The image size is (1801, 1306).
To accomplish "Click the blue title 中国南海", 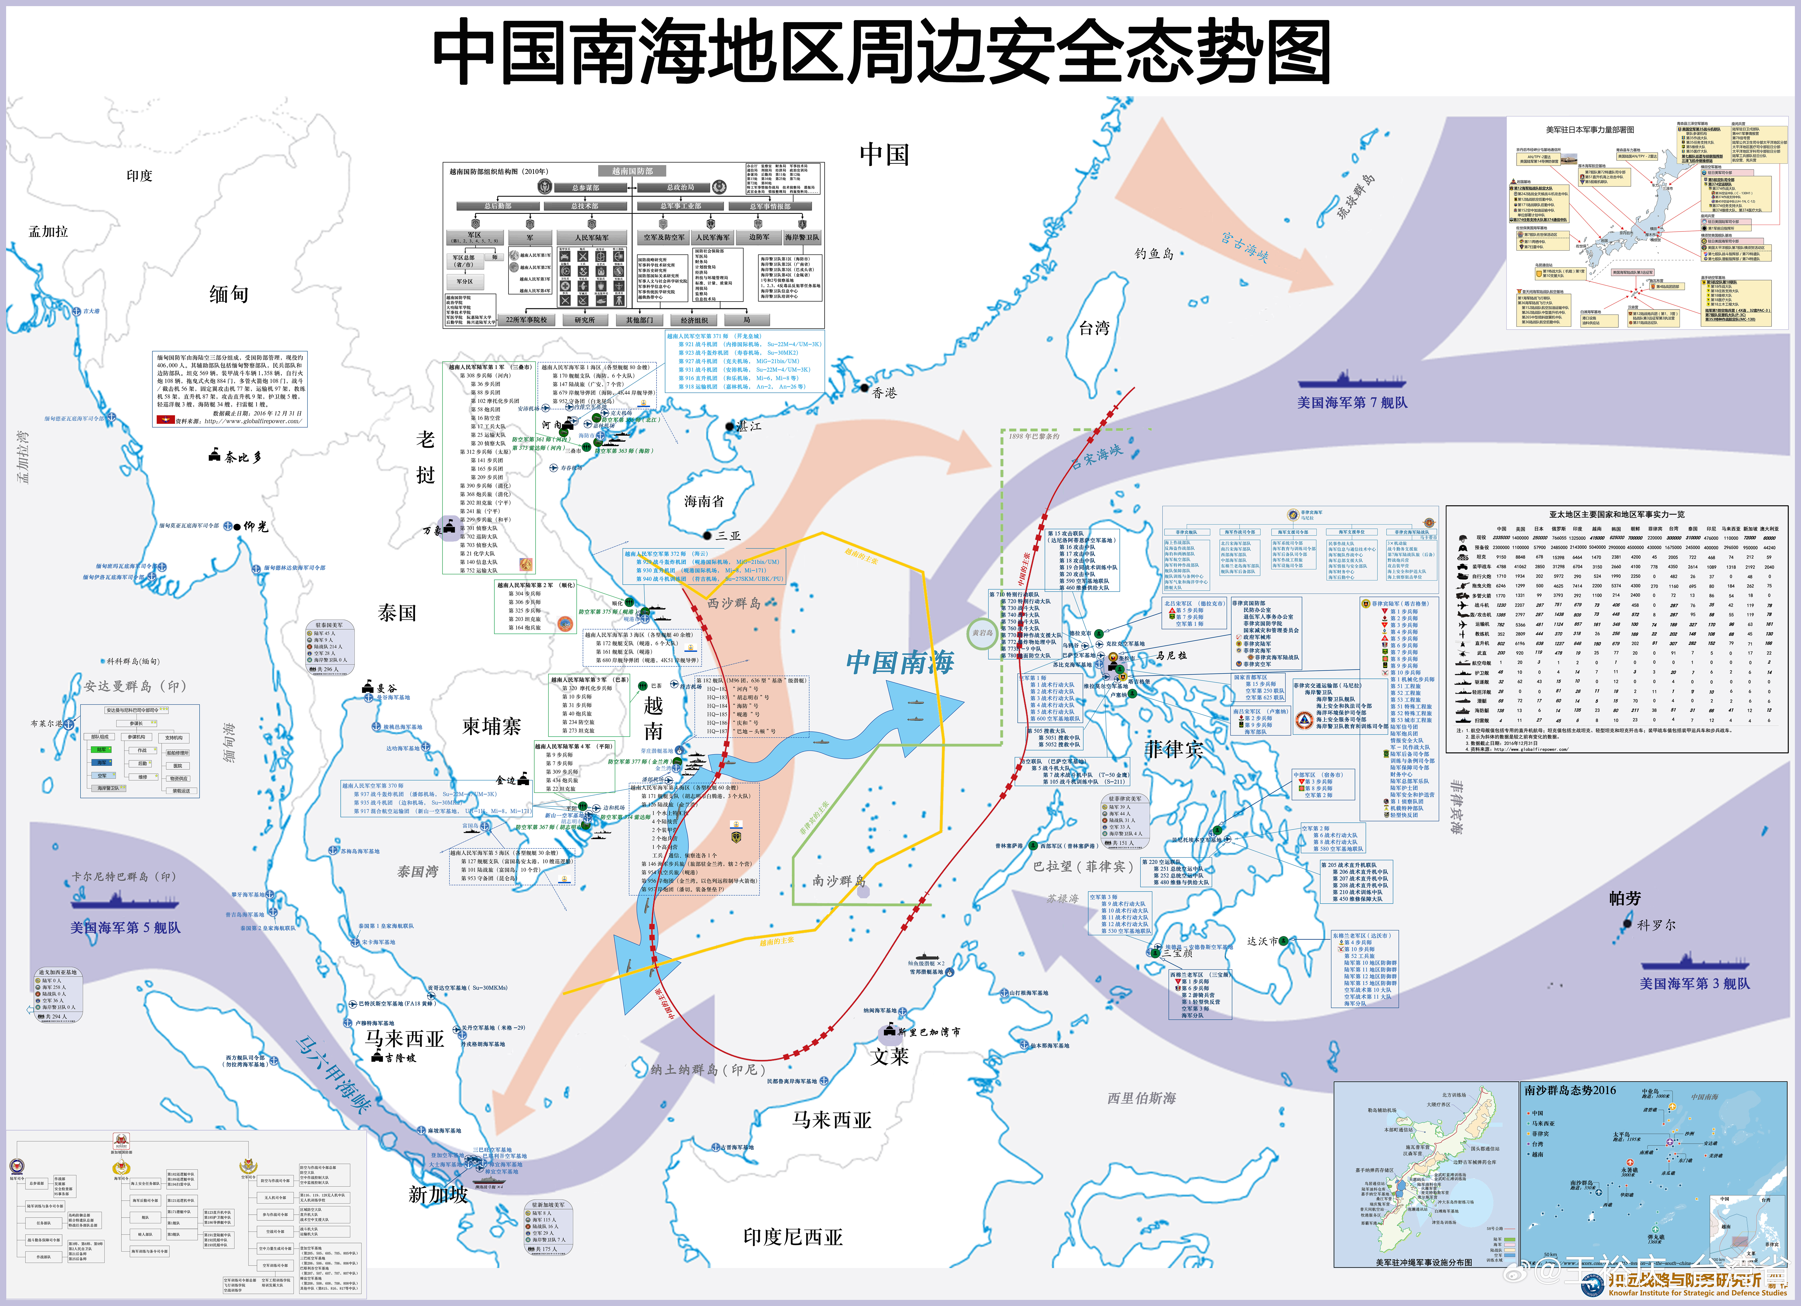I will pos(900,662).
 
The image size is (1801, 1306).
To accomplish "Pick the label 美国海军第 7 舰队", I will pos(1352,403).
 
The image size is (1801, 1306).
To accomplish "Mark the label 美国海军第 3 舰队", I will pos(1695,983).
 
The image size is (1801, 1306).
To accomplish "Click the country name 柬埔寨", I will pos(492,726).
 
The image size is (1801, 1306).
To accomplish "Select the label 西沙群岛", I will pos(734,603).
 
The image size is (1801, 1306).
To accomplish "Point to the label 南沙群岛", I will pos(839,880).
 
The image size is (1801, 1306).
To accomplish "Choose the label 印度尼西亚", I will pos(792,1237).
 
